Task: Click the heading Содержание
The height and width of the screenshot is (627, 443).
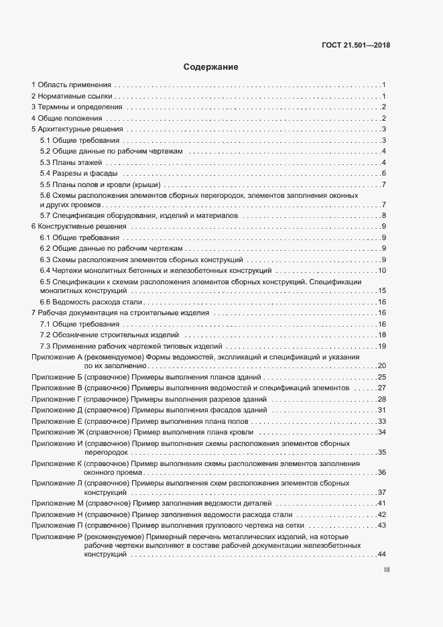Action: [211, 67]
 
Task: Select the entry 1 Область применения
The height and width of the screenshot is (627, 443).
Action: [71, 85]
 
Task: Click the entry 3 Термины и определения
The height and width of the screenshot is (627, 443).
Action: [76, 107]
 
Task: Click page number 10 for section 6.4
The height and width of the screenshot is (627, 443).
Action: [382, 270]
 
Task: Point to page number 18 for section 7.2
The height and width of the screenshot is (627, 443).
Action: [382, 335]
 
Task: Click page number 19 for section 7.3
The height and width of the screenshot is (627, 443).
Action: [382, 346]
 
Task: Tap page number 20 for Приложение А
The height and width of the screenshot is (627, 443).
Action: [382, 365]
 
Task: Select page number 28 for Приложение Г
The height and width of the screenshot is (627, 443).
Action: [382, 399]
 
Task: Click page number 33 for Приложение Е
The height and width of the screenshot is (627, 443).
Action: [382, 421]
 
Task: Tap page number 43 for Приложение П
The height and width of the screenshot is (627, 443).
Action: [382, 525]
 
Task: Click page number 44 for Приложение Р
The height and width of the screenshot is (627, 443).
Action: [382, 555]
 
